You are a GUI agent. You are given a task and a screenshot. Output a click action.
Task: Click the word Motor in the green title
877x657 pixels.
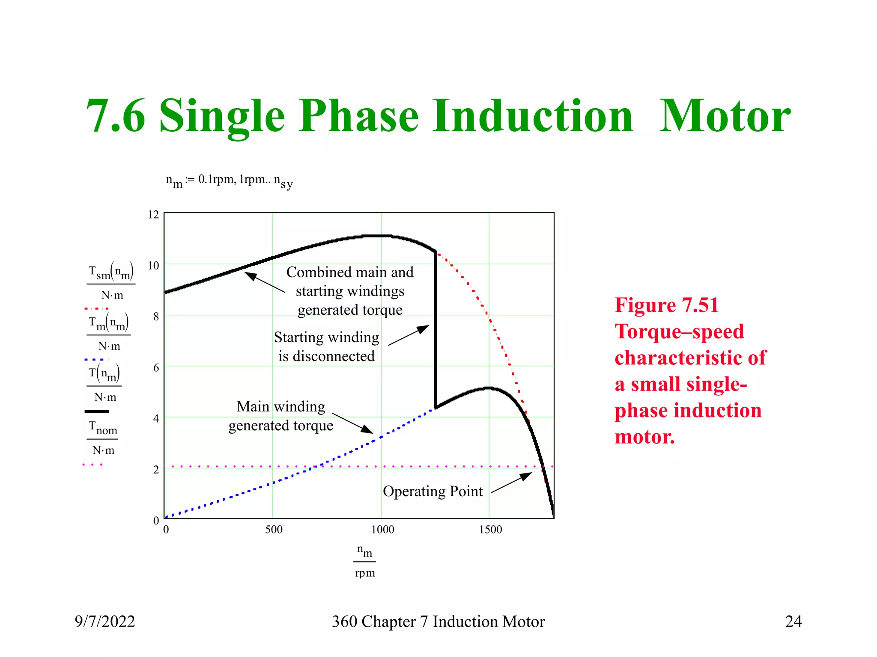(725, 116)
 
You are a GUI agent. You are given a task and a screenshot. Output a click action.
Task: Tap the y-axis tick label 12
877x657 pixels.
(153, 215)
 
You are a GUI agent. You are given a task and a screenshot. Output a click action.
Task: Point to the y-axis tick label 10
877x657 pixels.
(153, 266)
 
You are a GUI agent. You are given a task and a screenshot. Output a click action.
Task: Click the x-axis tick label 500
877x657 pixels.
(274, 530)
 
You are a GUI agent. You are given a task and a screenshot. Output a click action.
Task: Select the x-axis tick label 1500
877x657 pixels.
(490, 530)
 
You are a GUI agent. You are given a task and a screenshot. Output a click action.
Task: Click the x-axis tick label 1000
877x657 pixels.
(382, 530)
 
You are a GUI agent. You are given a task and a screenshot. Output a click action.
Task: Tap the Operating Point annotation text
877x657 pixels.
(433, 491)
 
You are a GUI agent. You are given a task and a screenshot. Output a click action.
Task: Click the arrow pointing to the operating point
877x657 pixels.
(512, 482)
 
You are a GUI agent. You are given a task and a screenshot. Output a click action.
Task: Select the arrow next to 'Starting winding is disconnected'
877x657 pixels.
(409, 335)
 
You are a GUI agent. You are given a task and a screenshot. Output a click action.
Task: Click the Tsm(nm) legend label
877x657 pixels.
(111, 272)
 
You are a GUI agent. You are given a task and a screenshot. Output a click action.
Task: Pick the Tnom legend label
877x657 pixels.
(103, 428)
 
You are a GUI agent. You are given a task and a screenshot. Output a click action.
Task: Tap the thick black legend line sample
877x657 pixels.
(97, 411)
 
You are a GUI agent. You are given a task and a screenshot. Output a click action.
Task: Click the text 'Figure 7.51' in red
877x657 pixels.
(666, 305)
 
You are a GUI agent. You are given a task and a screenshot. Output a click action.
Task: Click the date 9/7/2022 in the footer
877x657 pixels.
(105, 621)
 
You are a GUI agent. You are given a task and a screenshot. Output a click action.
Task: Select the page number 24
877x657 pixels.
(793, 621)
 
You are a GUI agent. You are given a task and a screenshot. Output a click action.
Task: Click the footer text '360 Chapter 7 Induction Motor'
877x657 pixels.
(438, 621)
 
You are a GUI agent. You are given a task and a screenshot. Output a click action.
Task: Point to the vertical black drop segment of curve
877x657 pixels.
(436, 329)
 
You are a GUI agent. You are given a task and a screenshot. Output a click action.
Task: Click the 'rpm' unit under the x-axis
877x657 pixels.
(365, 573)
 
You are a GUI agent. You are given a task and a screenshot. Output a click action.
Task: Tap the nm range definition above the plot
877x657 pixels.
(229, 181)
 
